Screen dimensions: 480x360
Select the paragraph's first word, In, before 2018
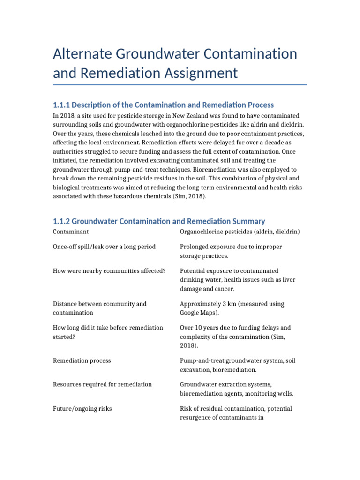(x=56, y=115)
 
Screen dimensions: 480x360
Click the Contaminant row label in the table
(x=71, y=232)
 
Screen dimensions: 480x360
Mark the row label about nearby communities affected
(x=109, y=271)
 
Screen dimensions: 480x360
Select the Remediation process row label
(x=82, y=361)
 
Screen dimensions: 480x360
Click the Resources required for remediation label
(x=103, y=384)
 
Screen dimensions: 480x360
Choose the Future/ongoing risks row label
(x=82, y=409)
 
